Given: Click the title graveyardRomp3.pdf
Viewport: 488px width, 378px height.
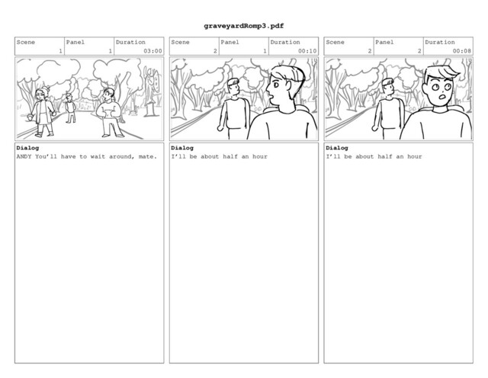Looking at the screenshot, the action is click(244, 26).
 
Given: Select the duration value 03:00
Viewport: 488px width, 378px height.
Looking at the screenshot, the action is click(152, 51).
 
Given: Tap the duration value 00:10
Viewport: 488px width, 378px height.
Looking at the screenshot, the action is click(307, 51).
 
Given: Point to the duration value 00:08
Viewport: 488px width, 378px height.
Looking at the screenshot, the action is click(462, 51).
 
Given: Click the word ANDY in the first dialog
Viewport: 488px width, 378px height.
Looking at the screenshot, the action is click(24, 156).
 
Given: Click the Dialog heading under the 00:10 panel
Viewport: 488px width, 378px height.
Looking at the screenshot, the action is click(182, 148).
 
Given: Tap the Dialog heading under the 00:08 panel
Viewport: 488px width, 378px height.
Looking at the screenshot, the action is click(337, 148).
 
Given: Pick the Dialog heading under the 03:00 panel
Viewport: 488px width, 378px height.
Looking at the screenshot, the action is click(27, 148).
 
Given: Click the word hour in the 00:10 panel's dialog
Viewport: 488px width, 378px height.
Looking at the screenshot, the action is click(260, 156).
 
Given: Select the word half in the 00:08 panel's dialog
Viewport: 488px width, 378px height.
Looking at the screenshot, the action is click(385, 156).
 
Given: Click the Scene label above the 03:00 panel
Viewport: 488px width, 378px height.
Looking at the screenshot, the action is click(26, 43).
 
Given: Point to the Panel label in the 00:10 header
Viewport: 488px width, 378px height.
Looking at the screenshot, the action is click(230, 43).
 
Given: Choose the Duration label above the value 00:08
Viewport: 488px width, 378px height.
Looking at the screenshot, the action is click(440, 43).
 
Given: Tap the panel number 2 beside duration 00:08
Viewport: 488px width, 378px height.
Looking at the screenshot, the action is click(419, 51).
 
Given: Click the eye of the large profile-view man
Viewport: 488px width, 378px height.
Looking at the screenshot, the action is click(276, 85).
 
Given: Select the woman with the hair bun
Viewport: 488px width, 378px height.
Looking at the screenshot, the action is click(43, 111).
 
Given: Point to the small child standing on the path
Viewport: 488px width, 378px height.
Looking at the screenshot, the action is click(70, 107).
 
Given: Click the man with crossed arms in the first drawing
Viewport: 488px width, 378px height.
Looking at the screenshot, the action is click(110, 113).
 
